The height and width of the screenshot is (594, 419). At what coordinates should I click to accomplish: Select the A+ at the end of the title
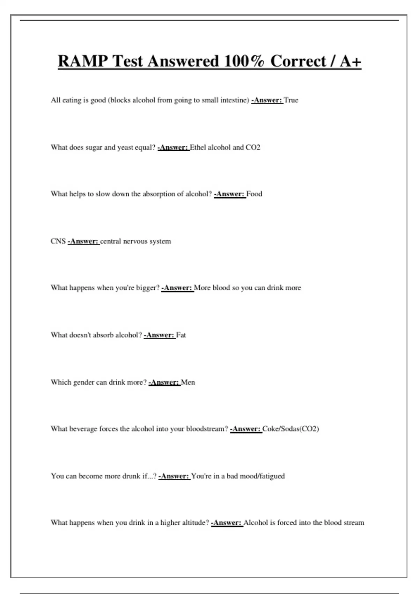click(x=350, y=61)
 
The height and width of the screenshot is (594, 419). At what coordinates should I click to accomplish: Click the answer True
click(x=291, y=100)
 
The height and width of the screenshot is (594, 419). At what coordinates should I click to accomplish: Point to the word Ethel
click(x=198, y=147)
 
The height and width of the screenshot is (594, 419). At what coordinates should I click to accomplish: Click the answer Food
click(x=254, y=194)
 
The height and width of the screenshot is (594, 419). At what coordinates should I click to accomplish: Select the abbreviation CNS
click(x=58, y=241)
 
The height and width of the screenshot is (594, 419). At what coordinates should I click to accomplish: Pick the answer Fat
click(x=181, y=335)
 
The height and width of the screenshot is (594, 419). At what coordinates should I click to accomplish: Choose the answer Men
click(x=188, y=382)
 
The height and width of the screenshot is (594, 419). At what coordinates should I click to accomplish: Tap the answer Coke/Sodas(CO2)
click(x=291, y=429)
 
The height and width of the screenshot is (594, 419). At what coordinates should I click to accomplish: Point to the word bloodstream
click(x=207, y=429)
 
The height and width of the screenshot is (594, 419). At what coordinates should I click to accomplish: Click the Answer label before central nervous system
click(x=84, y=241)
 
